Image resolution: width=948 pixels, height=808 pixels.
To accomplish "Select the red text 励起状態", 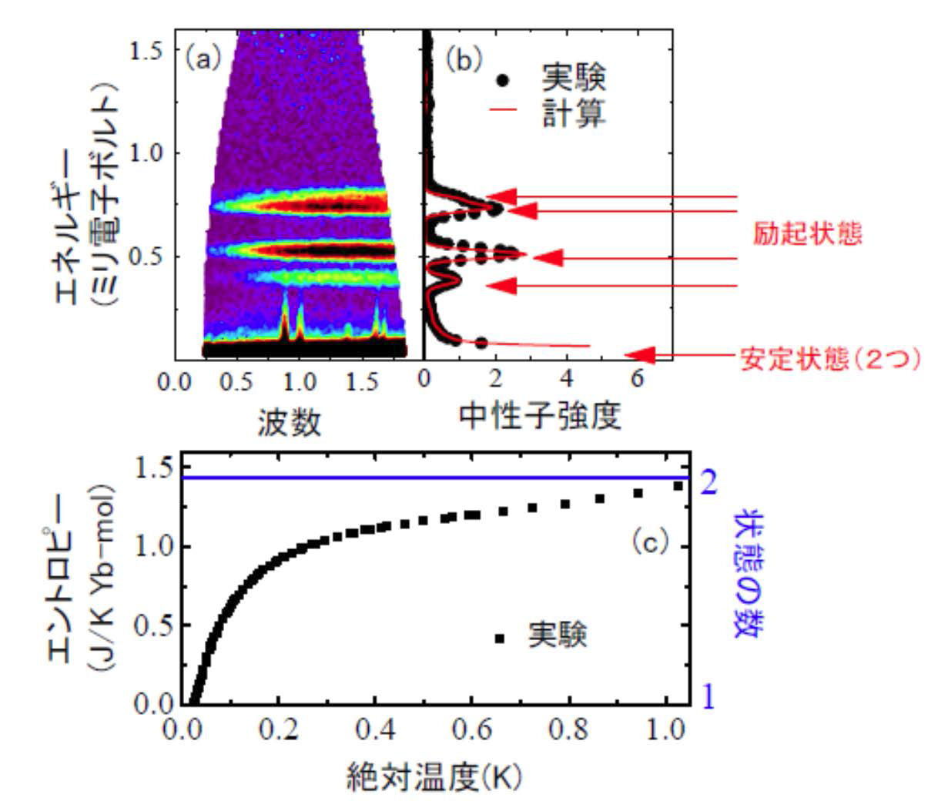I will coord(807,233).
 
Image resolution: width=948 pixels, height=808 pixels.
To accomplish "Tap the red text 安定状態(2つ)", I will coord(829,359).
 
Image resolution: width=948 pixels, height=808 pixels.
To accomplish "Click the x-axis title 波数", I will coord(289,422).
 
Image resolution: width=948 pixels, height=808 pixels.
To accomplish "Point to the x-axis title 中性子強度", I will coord(539,416).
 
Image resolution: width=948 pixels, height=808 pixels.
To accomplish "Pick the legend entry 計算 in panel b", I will coord(574,114).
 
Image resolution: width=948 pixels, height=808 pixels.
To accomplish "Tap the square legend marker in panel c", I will coord(500,638).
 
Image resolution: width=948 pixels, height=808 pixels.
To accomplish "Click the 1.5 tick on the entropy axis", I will coord(152,468).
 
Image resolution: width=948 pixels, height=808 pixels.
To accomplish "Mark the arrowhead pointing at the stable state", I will coord(639,354).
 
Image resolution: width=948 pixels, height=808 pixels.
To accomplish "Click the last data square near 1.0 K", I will coord(678,485).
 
